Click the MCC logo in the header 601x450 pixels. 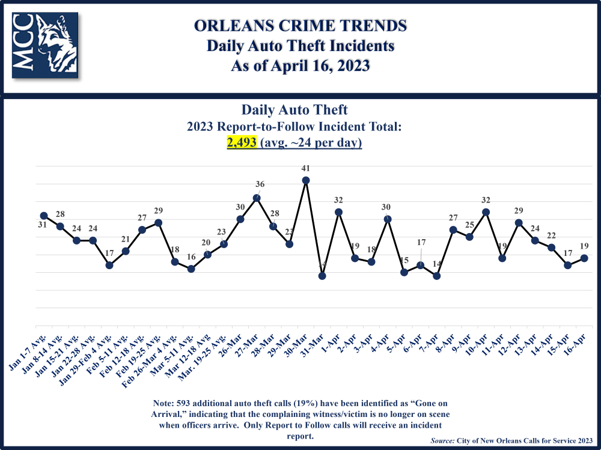click(x=45, y=46)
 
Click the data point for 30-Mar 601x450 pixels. click(x=305, y=180)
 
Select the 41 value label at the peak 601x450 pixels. click(x=306, y=169)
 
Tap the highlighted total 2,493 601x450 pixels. click(x=242, y=143)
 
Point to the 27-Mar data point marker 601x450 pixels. click(x=257, y=198)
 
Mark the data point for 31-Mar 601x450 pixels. click(x=322, y=276)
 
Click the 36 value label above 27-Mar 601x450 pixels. click(x=259, y=184)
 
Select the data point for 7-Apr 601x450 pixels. click(x=437, y=276)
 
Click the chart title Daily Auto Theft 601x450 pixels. click(x=294, y=111)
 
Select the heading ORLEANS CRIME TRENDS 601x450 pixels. click(x=300, y=26)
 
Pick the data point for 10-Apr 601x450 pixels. click(x=486, y=212)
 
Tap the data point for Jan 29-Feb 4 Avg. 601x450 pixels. click(x=109, y=265)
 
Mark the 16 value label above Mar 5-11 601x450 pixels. click(x=191, y=258)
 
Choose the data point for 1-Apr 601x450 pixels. click(x=338, y=212)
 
